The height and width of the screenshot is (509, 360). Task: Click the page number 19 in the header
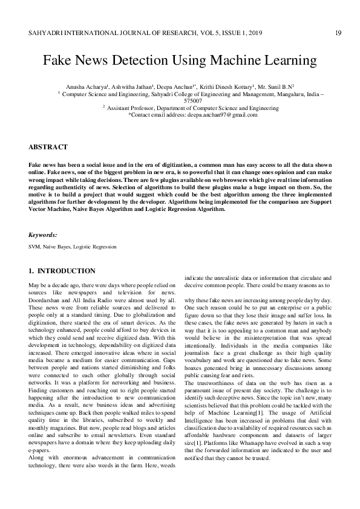338,33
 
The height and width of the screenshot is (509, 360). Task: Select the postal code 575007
180,101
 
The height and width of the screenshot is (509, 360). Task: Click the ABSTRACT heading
48,147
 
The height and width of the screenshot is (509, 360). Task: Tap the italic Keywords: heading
43,235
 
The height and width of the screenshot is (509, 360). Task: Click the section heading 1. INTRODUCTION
62,271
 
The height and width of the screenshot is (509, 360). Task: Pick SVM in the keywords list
34,247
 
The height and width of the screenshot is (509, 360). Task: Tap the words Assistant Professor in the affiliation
132,108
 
